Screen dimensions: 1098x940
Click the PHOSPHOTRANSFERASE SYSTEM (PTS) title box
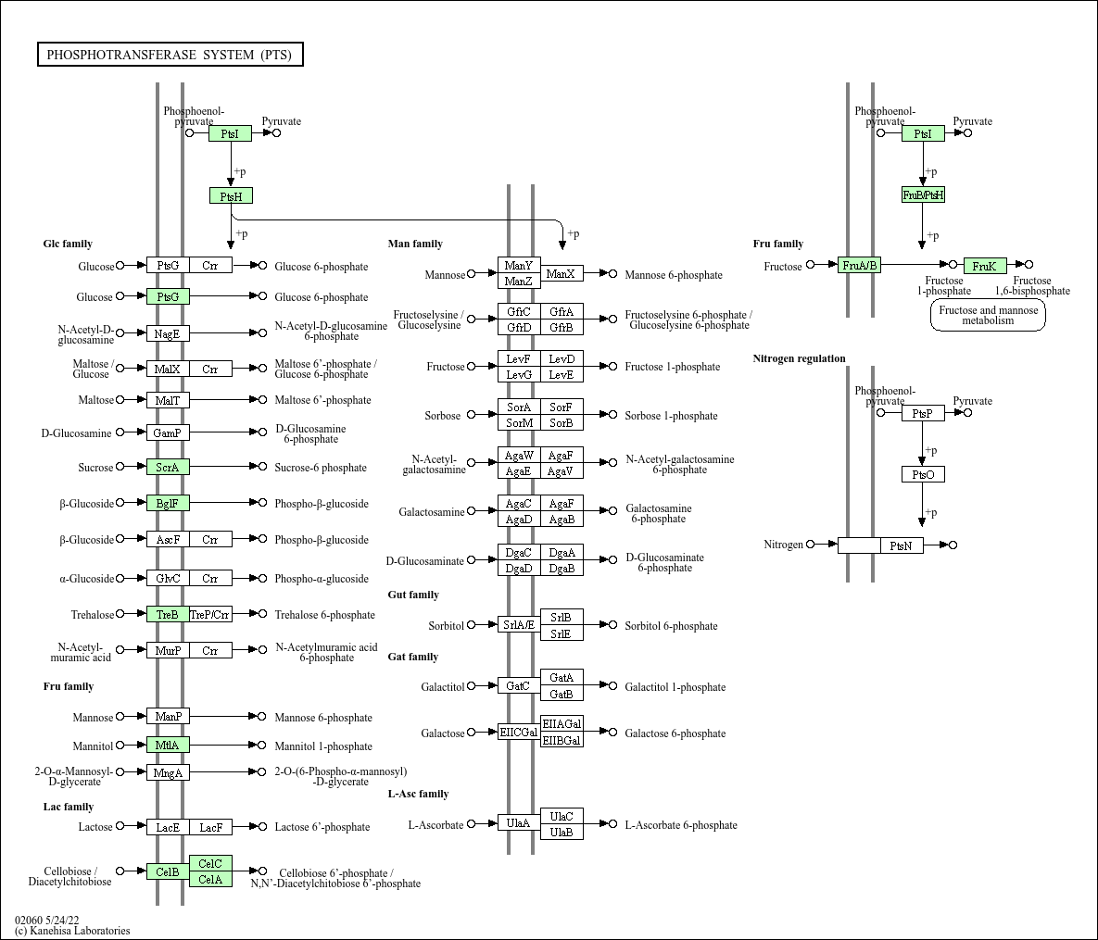(170, 55)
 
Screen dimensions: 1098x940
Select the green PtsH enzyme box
(231, 196)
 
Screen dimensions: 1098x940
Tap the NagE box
(168, 334)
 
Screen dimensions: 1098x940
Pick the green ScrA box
(168, 467)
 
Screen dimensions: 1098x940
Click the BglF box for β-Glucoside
(168, 503)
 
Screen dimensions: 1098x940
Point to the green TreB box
(168, 615)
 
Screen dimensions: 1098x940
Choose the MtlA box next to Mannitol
(168, 745)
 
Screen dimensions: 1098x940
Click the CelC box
(210, 863)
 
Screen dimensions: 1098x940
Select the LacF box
(210, 827)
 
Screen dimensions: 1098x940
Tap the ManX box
(562, 274)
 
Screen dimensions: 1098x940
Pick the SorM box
(519, 422)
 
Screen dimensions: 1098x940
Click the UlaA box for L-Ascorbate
(519, 823)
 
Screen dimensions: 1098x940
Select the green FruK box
(985, 266)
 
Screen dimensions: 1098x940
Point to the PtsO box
(923, 474)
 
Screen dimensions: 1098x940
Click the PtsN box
(902, 545)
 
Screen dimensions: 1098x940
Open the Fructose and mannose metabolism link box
(988, 315)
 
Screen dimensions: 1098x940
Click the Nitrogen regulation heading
(799, 358)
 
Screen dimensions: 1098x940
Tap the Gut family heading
(413, 595)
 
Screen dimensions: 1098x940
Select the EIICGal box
(519, 733)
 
